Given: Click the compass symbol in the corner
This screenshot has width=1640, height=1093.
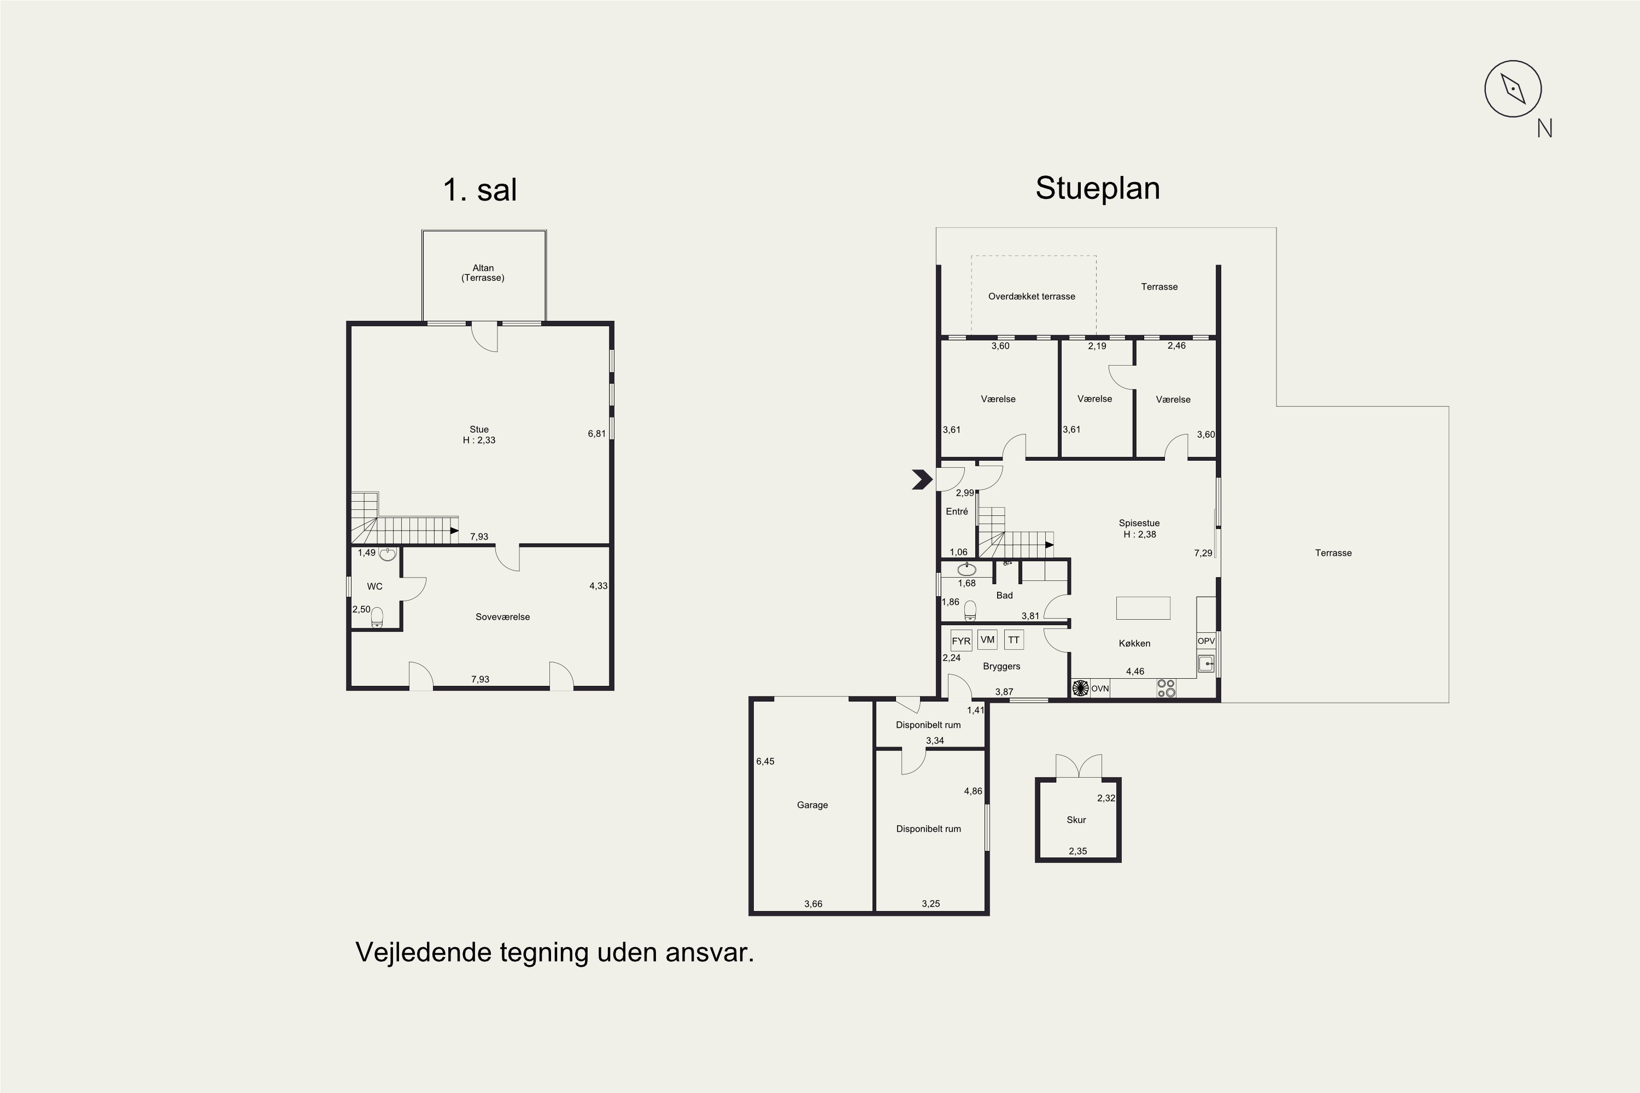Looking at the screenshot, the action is [x=1513, y=89].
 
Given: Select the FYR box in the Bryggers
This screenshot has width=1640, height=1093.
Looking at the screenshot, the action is [x=961, y=640].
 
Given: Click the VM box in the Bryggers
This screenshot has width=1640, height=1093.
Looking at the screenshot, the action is [x=987, y=639].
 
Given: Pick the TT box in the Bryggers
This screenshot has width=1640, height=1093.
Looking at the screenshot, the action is [x=1014, y=640].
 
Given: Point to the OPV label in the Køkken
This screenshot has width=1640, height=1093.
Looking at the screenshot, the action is [x=1205, y=641].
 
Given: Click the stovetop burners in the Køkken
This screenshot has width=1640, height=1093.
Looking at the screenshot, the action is [x=1167, y=689].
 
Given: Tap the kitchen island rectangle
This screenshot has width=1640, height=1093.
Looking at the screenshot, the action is [x=1143, y=608].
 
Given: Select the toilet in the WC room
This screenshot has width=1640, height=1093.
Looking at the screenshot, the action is [x=377, y=618].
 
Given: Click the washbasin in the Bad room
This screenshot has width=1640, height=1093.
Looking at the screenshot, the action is [x=967, y=569].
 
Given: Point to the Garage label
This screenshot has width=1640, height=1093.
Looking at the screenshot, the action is [x=812, y=805].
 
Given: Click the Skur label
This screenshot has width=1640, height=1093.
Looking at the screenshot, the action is [x=1076, y=820].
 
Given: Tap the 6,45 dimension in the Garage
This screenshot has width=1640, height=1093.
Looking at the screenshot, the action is [x=765, y=761].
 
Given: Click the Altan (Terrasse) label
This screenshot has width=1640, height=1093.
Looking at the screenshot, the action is [x=483, y=273].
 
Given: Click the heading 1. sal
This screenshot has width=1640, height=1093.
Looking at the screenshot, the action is [x=480, y=190].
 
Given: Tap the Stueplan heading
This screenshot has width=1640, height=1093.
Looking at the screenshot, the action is [x=1098, y=188].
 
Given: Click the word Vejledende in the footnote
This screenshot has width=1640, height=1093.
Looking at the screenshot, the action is [x=424, y=952].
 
